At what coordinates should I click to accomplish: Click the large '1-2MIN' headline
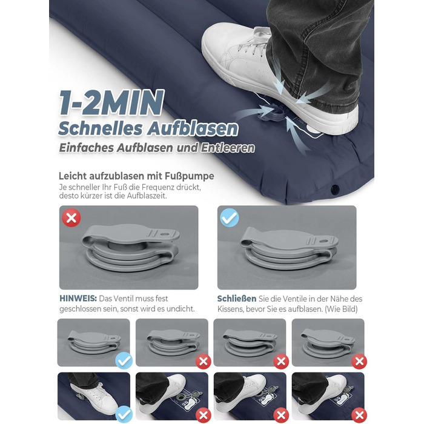tap(111, 103)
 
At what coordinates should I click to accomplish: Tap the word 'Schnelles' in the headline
tap(100, 128)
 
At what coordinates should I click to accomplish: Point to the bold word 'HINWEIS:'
tap(78, 299)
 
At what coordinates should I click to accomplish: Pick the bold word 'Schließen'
tap(237, 299)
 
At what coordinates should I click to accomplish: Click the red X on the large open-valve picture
tap(71, 217)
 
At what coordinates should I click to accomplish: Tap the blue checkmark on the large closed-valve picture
tap(230, 217)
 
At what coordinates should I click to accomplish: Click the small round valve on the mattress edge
tap(336, 189)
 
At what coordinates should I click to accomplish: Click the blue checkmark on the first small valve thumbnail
tap(124, 361)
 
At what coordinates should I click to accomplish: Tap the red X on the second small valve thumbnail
tap(204, 361)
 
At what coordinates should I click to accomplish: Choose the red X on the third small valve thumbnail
tap(281, 361)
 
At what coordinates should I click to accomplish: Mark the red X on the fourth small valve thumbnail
tap(359, 361)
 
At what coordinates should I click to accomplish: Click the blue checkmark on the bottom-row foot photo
tap(124, 414)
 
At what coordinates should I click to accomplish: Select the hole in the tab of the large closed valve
tap(324, 240)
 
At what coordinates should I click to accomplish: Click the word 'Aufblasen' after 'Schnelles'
tap(192, 128)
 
